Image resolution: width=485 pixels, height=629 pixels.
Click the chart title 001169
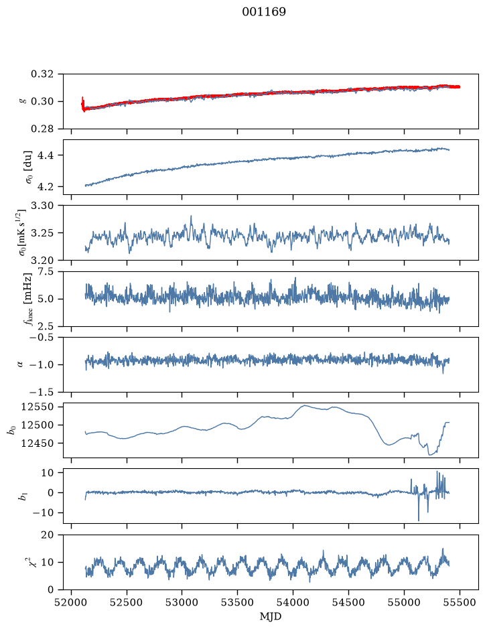pos(264,12)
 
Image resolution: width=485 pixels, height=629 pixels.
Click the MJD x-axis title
pos(271,616)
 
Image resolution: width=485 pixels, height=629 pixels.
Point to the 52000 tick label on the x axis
pos(72,602)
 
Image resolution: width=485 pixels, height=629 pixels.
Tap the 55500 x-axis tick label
pos(460,602)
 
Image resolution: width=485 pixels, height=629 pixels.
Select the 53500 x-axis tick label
pos(238,602)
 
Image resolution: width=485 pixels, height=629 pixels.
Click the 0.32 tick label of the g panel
pos(42,74)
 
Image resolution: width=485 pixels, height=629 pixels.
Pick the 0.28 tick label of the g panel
pos(42,129)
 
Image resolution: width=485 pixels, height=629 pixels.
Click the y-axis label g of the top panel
pos(23,102)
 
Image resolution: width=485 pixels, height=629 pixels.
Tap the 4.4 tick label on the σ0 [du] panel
pos(45,155)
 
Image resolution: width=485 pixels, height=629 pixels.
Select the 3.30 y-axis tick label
pos(42,206)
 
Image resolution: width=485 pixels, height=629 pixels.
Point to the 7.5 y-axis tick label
pos(45,271)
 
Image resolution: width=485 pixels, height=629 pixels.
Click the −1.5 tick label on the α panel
pos(40,392)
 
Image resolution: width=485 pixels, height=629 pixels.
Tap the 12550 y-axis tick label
pos(37,407)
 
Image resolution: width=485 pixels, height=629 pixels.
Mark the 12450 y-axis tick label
pos(37,443)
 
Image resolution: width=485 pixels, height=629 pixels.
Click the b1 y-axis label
pos(23,496)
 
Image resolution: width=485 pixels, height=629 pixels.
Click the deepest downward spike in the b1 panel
pos(419,520)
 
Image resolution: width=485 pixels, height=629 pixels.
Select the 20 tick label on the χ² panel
pos(48,535)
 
